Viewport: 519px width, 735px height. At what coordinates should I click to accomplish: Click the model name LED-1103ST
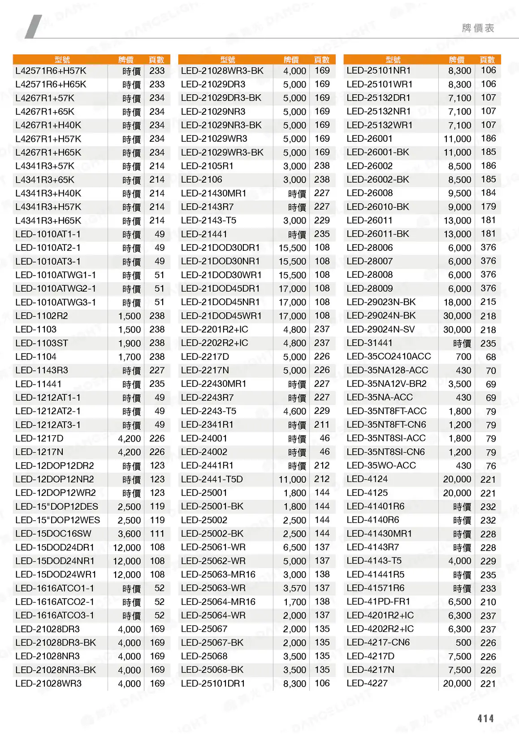click(x=42, y=343)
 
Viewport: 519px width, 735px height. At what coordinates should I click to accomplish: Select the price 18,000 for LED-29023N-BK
click(x=457, y=302)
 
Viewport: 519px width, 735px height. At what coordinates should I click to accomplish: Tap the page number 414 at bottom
click(x=485, y=718)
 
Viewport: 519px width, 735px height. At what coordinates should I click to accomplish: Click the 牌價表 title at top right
click(x=478, y=28)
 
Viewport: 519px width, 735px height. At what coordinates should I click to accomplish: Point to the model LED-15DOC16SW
click(x=53, y=534)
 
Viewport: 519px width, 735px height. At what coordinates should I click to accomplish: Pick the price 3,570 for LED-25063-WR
click(x=294, y=588)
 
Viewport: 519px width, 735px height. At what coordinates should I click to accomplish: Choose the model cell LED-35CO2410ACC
click(x=389, y=357)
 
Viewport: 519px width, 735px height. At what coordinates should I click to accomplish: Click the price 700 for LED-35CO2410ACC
click(x=463, y=357)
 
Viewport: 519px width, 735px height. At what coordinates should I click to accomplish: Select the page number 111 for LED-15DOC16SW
click(x=157, y=534)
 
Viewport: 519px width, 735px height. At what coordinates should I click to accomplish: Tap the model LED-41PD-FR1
click(x=378, y=602)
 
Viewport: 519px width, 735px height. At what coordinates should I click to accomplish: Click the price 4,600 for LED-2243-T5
click(x=294, y=411)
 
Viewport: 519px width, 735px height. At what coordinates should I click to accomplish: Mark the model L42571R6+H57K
click(x=51, y=71)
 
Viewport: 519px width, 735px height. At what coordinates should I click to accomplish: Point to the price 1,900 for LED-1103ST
click(x=130, y=343)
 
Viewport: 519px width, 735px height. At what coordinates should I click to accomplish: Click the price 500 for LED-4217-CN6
click(x=463, y=643)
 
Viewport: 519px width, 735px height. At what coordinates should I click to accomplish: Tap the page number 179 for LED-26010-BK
click(x=488, y=207)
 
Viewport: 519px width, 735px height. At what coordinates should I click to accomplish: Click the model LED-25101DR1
click(x=213, y=683)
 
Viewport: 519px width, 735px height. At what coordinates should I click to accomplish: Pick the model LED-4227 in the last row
click(x=367, y=683)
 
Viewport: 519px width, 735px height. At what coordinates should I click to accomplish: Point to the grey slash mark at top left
click(x=33, y=26)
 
